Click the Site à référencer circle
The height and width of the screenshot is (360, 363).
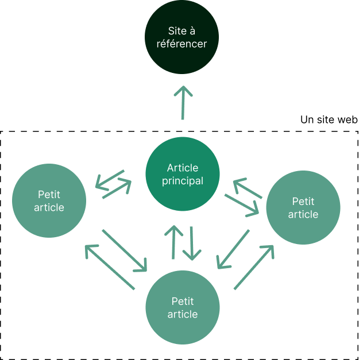pos(182,37)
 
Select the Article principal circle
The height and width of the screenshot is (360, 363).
pos(182,174)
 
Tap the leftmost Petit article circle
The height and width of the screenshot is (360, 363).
pos(49,200)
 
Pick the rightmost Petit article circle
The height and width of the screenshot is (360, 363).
pos(303,207)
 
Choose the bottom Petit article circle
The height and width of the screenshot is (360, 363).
pos(182,307)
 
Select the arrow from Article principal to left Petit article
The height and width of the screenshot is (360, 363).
pos(110,179)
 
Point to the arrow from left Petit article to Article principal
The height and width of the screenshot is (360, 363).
pos(117,189)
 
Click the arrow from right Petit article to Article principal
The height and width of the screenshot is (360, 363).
pos(248,189)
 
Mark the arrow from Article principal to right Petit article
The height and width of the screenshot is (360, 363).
pos(242,205)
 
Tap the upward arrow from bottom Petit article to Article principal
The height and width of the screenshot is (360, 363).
pos(173,241)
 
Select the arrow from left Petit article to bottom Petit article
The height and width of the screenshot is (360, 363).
pos(125,250)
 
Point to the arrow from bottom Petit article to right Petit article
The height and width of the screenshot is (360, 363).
pos(253,266)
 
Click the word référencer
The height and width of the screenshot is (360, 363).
pos(181,43)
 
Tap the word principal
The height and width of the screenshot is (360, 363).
pos(182,181)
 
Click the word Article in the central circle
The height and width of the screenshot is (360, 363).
pos(182,168)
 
